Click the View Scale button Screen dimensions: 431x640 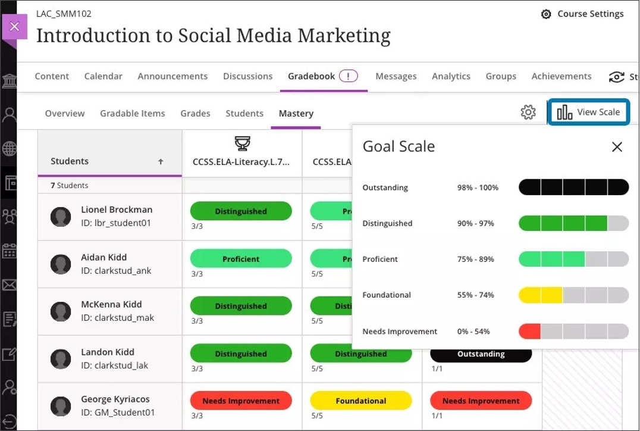[x=588, y=112]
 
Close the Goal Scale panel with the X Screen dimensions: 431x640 [x=617, y=147]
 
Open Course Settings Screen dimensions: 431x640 [x=582, y=14]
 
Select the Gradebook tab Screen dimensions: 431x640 [x=312, y=76]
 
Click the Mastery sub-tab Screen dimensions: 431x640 [x=296, y=113]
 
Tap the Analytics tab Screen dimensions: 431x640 [x=451, y=76]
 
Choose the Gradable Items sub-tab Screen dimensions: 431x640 [x=132, y=113]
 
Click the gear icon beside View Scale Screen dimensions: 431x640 [x=528, y=112]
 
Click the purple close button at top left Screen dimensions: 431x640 [x=15, y=27]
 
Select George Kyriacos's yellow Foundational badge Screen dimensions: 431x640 [x=360, y=401]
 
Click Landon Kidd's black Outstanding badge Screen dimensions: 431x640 [x=481, y=354]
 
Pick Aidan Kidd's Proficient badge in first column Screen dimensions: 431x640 [x=241, y=259]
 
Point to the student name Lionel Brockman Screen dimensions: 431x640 [x=117, y=210]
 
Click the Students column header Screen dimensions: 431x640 [x=70, y=161]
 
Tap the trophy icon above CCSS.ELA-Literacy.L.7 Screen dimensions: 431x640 [x=242, y=143]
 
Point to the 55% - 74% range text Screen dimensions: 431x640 [x=475, y=295]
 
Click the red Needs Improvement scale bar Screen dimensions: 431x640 [x=529, y=331]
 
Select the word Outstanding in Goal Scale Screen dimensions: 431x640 [x=385, y=188]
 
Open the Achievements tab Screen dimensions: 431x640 [x=561, y=76]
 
